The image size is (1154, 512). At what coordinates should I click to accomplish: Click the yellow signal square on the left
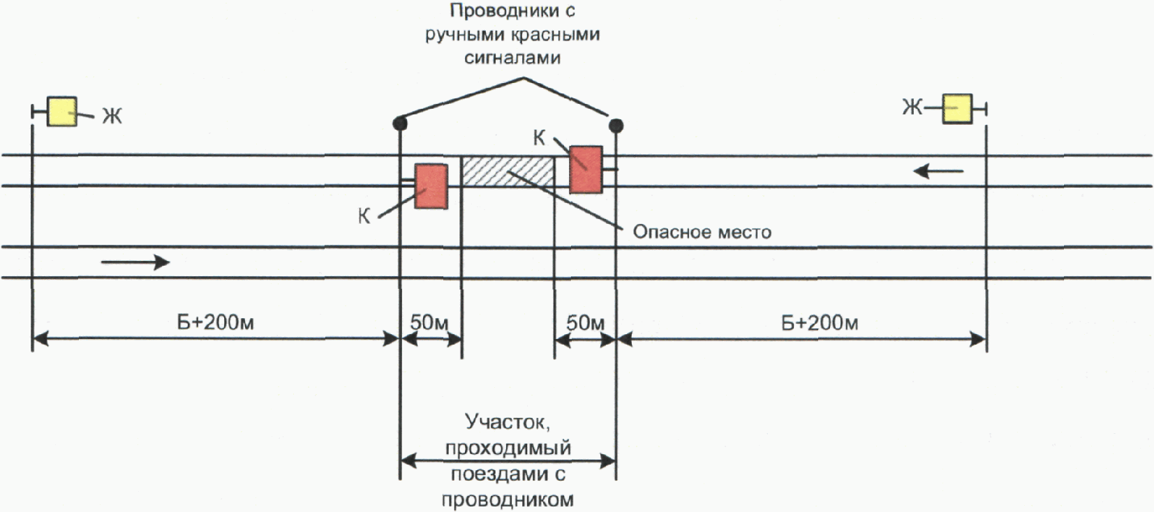(x=62, y=112)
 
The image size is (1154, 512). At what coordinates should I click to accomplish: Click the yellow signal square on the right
(x=956, y=109)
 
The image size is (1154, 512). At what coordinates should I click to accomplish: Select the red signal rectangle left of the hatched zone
(x=431, y=186)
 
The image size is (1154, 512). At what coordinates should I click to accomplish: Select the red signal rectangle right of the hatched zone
(x=586, y=169)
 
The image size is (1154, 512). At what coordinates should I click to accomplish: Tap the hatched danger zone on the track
(x=508, y=171)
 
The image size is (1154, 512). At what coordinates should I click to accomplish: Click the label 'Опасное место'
(x=702, y=232)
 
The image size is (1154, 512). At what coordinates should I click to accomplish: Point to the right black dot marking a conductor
(x=616, y=126)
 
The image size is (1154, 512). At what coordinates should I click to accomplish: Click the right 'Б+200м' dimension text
(x=819, y=323)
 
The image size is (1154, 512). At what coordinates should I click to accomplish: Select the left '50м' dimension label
(x=429, y=322)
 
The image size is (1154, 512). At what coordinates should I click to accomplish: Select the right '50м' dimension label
(x=585, y=322)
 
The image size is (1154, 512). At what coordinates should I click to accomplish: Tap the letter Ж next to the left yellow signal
(x=112, y=116)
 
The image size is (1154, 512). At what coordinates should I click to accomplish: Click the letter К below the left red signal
(x=364, y=217)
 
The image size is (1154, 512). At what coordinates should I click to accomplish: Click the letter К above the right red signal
(x=539, y=138)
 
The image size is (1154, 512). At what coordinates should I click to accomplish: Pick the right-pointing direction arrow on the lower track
(x=135, y=262)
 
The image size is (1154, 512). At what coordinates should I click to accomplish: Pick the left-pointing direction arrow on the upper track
(x=938, y=170)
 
